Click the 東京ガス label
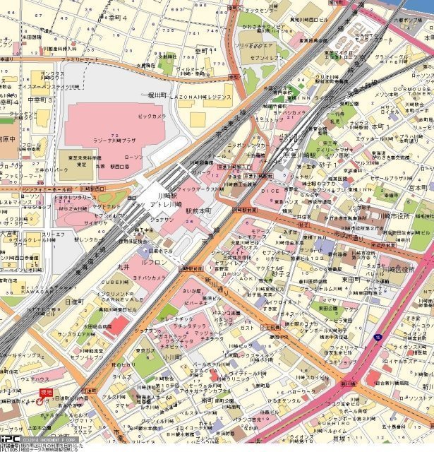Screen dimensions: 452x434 [147, 350]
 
